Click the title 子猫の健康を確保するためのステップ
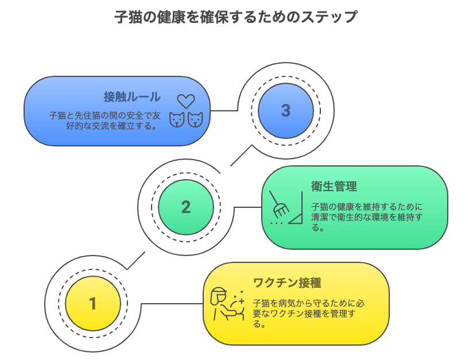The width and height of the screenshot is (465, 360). click(x=236, y=17)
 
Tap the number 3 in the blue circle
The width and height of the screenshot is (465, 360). click(x=285, y=110)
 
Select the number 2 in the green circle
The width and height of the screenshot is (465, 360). click(x=186, y=207)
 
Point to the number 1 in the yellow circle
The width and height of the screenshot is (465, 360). click(x=93, y=304)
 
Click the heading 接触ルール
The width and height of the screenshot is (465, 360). click(x=132, y=97)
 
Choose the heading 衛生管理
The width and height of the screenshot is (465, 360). click(x=334, y=186)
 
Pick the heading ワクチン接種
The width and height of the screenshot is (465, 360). click(x=287, y=282)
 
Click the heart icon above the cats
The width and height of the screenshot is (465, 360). click(x=186, y=102)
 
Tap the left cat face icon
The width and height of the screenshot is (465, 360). click(x=177, y=120)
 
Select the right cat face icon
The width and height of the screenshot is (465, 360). click(x=195, y=120)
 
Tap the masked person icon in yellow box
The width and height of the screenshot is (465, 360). click(x=227, y=304)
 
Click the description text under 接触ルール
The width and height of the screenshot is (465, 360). click(x=104, y=121)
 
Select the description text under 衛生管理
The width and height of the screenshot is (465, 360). click(x=367, y=217)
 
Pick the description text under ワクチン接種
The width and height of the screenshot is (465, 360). click(x=308, y=313)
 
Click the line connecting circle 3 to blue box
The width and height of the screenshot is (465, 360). click(x=224, y=111)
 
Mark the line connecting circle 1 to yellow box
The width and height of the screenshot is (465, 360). click(x=172, y=304)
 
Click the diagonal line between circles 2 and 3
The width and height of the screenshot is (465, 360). click(x=241, y=156)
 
